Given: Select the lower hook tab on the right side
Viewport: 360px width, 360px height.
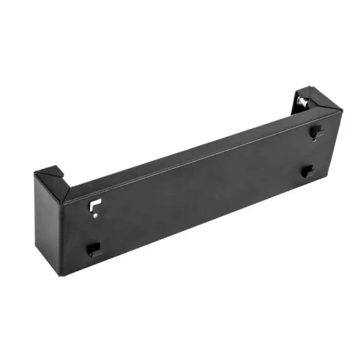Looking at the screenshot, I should pos(307,171).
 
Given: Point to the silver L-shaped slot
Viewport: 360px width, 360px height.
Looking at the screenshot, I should pos(93,206).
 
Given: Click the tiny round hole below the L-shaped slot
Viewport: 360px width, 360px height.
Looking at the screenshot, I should pos(92,215).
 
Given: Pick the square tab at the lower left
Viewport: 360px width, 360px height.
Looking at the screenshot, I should pos(94,249).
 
